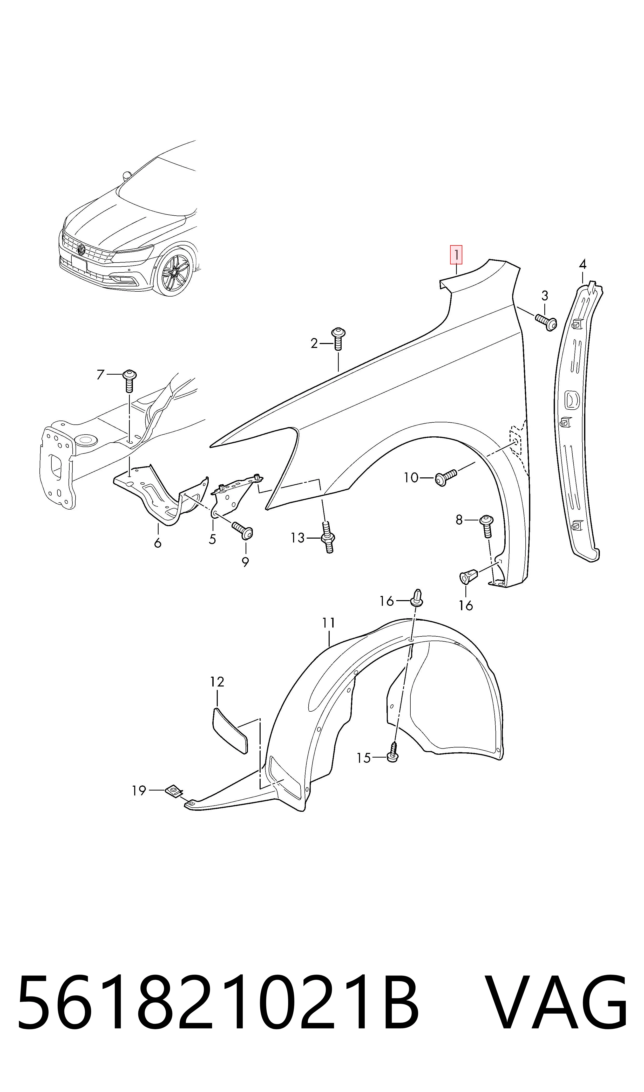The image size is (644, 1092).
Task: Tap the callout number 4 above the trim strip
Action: [x=582, y=264]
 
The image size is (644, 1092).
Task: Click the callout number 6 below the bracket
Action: [x=158, y=542]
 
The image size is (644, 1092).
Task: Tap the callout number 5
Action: [x=212, y=539]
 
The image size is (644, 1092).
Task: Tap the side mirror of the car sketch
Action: [x=126, y=175]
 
